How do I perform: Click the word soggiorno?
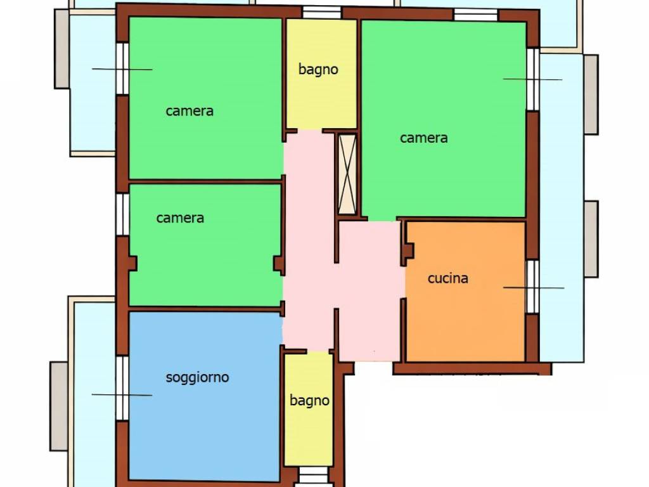198,378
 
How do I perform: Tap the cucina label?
448,278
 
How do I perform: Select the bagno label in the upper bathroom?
318,70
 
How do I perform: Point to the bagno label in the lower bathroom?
309,401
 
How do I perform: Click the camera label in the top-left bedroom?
190,111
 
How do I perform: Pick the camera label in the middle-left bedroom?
180,218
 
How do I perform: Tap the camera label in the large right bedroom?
424,138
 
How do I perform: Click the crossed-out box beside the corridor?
347,174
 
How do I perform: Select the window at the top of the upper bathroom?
321,13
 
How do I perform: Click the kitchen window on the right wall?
532,287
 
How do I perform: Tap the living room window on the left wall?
122,388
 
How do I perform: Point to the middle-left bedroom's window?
122,214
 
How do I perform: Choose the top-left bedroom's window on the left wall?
122,68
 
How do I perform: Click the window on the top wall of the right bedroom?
475,15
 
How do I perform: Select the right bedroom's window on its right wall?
533,79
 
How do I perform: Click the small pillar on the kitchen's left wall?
409,250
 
